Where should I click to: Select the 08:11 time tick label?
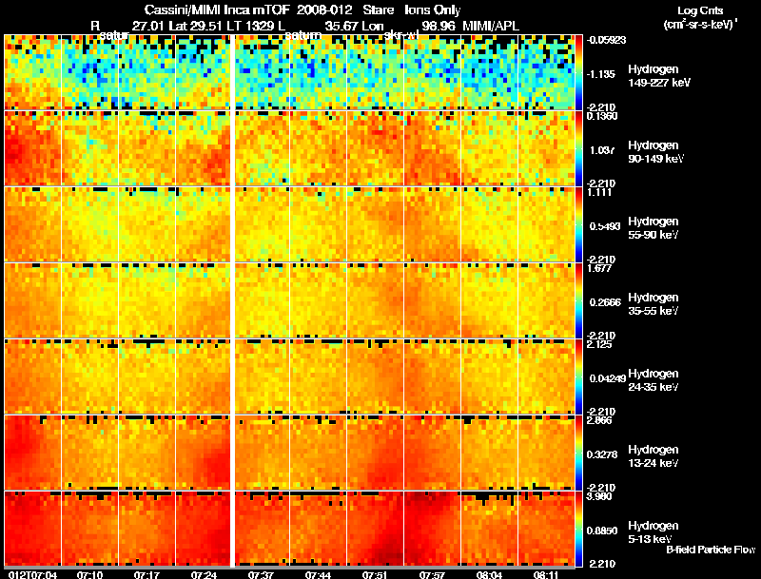pos(546,574)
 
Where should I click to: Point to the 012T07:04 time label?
pos(32,574)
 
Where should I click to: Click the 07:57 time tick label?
pos(431,574)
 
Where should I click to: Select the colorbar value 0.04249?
pos(604,377)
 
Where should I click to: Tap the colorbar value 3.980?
pos(603,495)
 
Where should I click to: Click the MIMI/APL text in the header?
pos(491,25)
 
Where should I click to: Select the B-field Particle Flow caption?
pos(711,550)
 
